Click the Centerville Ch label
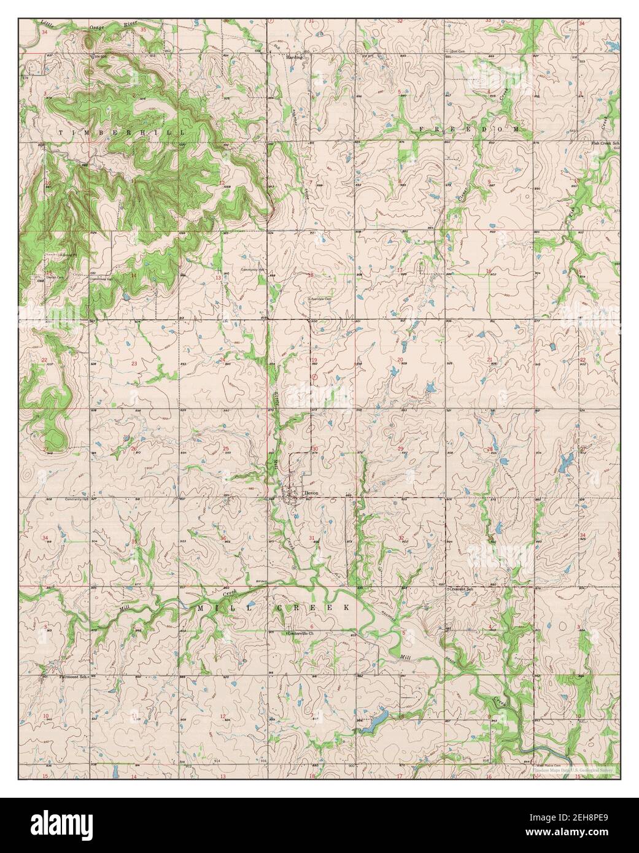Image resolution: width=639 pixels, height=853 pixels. [300, 633]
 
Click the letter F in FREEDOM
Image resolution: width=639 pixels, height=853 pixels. [422, 129]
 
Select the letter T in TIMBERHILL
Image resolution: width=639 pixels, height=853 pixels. [61, 132]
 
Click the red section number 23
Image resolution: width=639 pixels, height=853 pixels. [134, 364]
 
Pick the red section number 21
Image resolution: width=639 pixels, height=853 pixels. [489, 360]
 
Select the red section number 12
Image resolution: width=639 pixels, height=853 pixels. [222, 183]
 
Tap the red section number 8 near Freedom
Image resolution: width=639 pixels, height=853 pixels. [400, 181]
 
